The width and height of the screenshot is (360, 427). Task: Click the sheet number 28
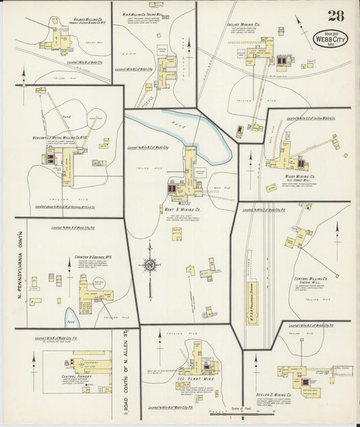click(x=335, y=17)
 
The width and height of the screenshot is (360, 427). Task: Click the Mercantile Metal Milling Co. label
click(x=64, y=138)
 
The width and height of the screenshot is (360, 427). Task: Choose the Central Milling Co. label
click(x=311, y=278)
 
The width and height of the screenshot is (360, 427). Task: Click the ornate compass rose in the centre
click(x=149, y=265)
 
